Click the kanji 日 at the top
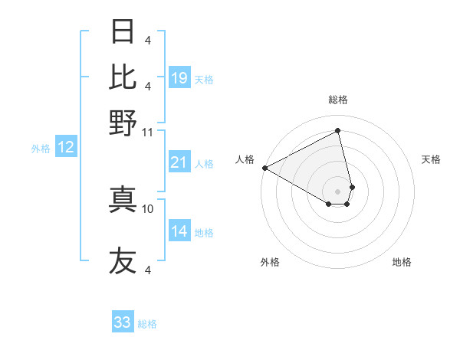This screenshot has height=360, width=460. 123,32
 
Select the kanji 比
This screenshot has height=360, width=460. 123,77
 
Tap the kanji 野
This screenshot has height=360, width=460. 123,122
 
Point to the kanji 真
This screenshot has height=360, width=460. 123,199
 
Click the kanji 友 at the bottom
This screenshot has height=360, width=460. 123,260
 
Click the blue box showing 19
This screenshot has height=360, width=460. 179,78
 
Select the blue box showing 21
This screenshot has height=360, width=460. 179,162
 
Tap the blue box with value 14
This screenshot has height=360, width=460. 179,231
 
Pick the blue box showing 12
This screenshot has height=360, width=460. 66,148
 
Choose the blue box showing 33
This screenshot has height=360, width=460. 123,322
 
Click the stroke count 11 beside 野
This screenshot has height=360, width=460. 148,132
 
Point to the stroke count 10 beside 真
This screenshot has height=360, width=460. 148,208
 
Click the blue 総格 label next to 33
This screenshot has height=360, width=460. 147,324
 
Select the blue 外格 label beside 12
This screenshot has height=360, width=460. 41,149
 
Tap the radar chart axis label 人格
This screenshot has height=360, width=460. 245,159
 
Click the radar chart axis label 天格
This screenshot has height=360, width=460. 431,159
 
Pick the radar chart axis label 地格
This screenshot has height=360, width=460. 402,262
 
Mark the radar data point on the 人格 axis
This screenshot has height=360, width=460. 264,167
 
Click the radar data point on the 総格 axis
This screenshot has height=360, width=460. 337,131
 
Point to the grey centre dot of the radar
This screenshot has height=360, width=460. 337,191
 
